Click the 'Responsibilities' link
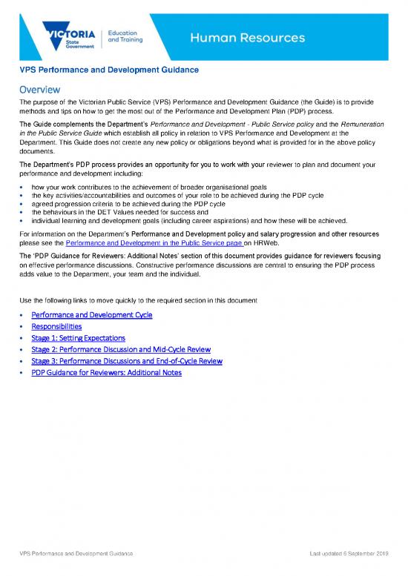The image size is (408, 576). click(56, 326)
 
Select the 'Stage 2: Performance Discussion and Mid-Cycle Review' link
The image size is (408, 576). click(121, 349)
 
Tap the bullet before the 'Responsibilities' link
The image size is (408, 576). click(23, 326)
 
